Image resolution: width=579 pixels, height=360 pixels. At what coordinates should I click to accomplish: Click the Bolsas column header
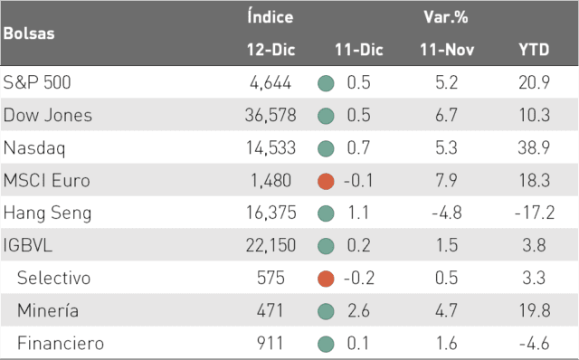(x=29, y=33)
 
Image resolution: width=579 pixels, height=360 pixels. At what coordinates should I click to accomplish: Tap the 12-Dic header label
(x=271, y=50)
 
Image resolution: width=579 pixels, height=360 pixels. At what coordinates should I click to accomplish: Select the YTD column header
(x=534, y=50)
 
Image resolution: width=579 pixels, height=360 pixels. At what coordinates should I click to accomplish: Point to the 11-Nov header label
(x=447, y=50)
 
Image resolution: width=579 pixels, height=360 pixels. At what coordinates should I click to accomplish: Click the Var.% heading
(x=446, y=17)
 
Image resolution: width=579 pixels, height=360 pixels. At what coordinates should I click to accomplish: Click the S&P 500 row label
(x=37, y=82)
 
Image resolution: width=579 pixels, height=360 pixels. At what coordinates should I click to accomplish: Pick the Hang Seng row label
(x=47, y=213)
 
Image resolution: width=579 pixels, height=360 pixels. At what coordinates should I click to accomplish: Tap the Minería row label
(x=48, y=310)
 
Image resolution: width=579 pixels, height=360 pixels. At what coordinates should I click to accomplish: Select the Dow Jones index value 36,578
(x=271, y=115)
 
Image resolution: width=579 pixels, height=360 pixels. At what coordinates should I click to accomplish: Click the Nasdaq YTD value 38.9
(x=534, y=147)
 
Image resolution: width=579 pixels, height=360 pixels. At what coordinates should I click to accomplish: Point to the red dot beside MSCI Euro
(x=326, y=181)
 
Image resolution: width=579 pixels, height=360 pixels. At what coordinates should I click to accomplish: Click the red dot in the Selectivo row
(x=326, y=279)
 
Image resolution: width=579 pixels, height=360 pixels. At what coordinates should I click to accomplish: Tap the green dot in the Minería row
(x=326, y=311)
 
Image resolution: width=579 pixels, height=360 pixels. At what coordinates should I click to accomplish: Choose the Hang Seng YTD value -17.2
(x=535, y=213)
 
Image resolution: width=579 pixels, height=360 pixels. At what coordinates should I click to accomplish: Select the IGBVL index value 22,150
(x=271, y=245)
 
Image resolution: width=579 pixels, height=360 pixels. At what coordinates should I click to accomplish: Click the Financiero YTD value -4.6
(x=534, y=344)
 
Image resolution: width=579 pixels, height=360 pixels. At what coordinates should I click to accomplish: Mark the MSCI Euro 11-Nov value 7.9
(x=446, y=180)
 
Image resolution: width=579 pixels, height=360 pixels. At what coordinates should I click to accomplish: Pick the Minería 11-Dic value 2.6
(x=358, y=310)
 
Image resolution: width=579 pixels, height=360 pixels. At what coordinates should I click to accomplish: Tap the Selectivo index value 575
(x=271, y=278)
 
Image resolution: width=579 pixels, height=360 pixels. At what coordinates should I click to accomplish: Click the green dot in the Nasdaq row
(x=326, y=148)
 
